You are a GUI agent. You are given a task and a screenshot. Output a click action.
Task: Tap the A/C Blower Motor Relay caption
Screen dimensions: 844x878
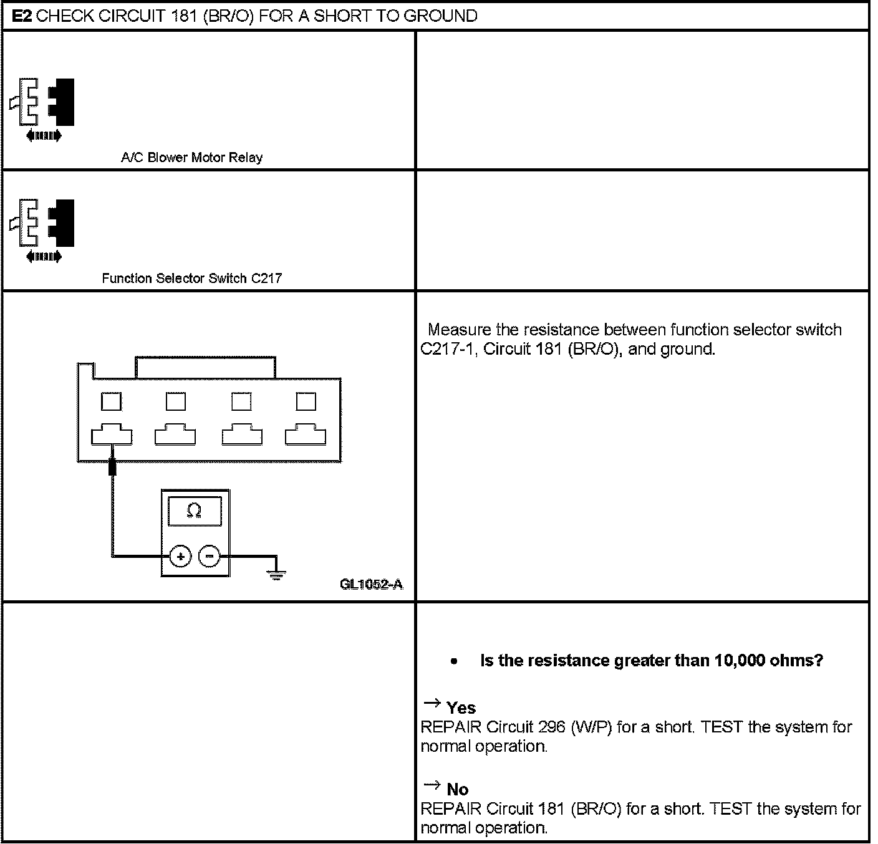coord(191,158)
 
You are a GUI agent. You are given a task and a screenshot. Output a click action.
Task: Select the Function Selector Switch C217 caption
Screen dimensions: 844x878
coord(191,278)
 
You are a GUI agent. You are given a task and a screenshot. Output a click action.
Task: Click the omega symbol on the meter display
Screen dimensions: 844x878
coord(194,511)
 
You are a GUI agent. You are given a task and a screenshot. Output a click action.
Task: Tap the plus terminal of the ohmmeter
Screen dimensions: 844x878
coord(180,556)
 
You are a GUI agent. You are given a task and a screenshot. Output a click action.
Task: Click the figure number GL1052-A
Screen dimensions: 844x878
coord(372,584)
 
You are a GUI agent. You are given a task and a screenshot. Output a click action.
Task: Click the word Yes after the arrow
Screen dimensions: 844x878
coord(461,707)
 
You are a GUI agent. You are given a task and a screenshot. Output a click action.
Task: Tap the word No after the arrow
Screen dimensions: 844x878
coord(457,789)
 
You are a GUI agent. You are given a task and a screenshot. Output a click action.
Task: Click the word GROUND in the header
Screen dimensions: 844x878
coord(440,15)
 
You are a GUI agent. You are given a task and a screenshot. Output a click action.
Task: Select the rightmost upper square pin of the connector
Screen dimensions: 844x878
coord(306,401)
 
